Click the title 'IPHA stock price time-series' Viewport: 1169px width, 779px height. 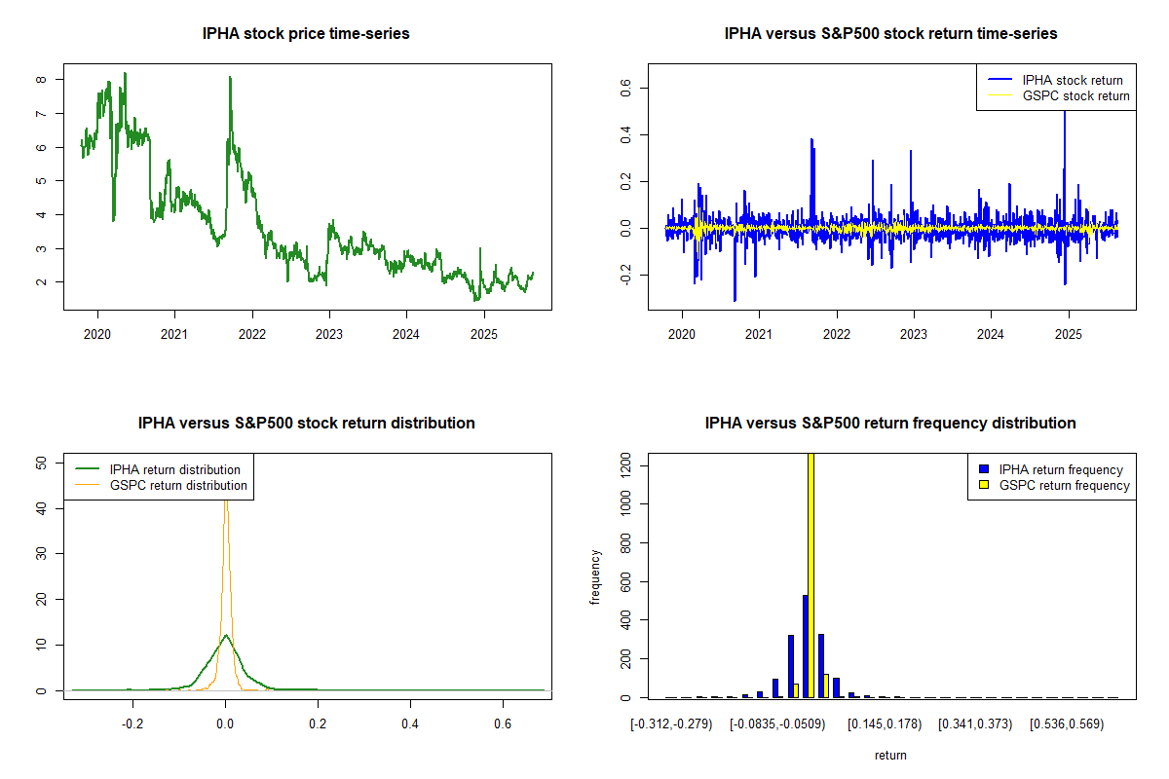[306, 34]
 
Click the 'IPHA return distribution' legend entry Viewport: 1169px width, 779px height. [174, 470]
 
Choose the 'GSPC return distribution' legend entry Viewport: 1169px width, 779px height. [178, 485]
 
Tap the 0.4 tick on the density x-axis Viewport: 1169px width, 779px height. [410, 724]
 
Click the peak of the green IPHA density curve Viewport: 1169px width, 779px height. [226, 635]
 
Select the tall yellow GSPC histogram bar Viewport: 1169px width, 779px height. [811, 575]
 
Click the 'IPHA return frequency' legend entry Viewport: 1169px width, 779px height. [1061, 470]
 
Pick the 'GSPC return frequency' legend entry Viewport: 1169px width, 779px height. [1064, 485]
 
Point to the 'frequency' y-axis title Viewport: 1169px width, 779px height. [595, 576]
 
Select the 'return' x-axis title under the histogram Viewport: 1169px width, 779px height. [890, 755]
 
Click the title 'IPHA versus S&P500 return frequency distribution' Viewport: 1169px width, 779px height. [890, 424]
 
